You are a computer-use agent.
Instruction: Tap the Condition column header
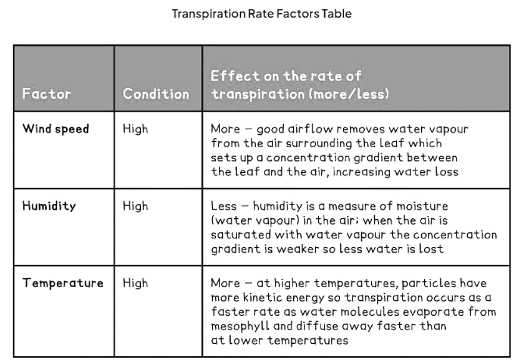(156, 95)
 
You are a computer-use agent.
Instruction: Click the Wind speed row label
(56, 129)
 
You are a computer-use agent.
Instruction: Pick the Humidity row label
(49, 206)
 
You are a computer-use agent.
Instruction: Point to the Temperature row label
(63, 283)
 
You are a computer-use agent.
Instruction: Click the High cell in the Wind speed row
(135, 129)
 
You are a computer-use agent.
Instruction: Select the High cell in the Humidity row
(135, 206)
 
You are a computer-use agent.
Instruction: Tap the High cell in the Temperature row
(135, 283)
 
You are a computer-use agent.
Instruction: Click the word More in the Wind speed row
(224, 129)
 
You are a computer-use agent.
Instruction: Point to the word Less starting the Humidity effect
(223, 206)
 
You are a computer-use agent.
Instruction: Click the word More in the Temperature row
(224, 283)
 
